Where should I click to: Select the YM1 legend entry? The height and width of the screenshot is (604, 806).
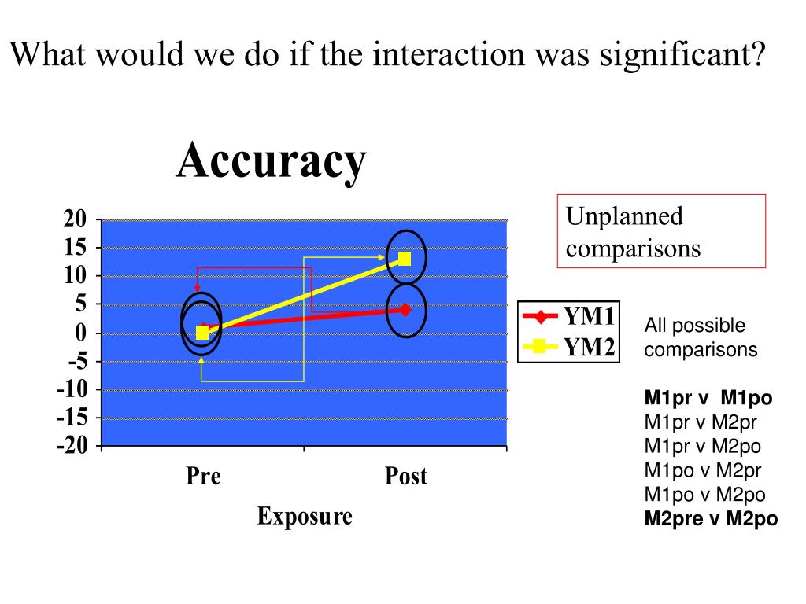(570, 317)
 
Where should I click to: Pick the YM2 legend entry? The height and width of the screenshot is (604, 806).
(570, 346)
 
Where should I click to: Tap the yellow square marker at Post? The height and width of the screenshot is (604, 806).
(405, 259)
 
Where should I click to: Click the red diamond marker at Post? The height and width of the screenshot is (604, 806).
(405, 310)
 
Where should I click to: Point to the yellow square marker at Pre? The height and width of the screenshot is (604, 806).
(202, 333)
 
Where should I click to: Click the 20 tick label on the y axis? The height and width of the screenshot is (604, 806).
(75, 219)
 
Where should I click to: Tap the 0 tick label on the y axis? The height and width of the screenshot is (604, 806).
(80, 333)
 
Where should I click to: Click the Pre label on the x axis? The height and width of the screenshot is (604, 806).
(203, 476)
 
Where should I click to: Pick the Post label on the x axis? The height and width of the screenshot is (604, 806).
(405, 476)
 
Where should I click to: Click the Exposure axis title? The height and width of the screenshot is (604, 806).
(305, 517)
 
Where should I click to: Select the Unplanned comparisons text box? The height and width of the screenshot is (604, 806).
(661, 231)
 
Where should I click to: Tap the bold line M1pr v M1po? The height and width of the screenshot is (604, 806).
(708, 398)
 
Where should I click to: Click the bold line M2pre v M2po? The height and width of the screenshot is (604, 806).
(711, 518)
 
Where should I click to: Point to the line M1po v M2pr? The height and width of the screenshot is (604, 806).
(703, 471)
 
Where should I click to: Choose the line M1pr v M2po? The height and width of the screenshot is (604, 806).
(703, 447)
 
